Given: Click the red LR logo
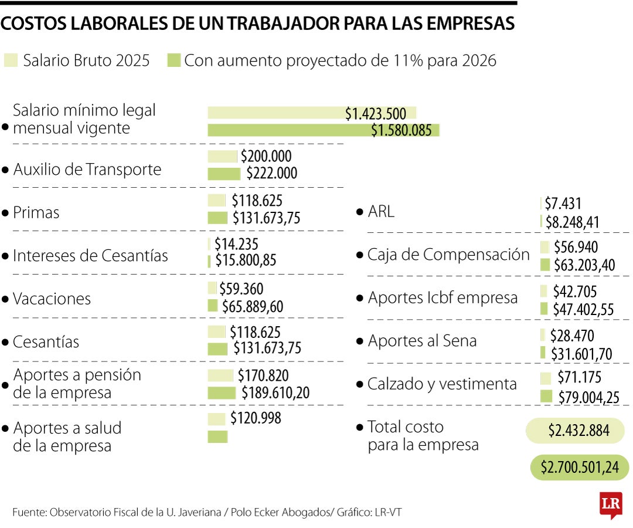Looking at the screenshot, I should (x=610, y=505).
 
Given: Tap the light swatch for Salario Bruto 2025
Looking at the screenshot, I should (x=11, y=60).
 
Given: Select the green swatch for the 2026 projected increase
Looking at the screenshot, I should (x=173, y=60).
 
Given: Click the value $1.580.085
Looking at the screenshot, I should (x=401, y=130).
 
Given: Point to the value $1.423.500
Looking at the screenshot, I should (x=375, y=113).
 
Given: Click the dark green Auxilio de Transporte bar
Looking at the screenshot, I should (x=224, y=174).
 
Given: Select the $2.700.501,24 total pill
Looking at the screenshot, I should (x=579, y=467).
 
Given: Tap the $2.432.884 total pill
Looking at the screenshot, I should (x=578, y=431).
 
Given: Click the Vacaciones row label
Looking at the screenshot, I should (x=52, y=299).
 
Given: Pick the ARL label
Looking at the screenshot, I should (x=381, y=212).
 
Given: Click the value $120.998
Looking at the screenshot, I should (x=256, y=418).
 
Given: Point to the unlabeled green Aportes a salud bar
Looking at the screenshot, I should (x=217, y=436).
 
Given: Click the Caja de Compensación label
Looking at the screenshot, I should (x=448, y=255).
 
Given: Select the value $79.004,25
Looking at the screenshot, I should (x=588, y=397).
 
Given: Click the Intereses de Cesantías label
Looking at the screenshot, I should (x=90, y=256).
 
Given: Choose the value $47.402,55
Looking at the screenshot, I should (x=583, y=309).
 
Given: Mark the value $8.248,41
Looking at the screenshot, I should (x=572, y=222).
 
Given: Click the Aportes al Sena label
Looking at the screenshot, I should (x=422, y=341).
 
